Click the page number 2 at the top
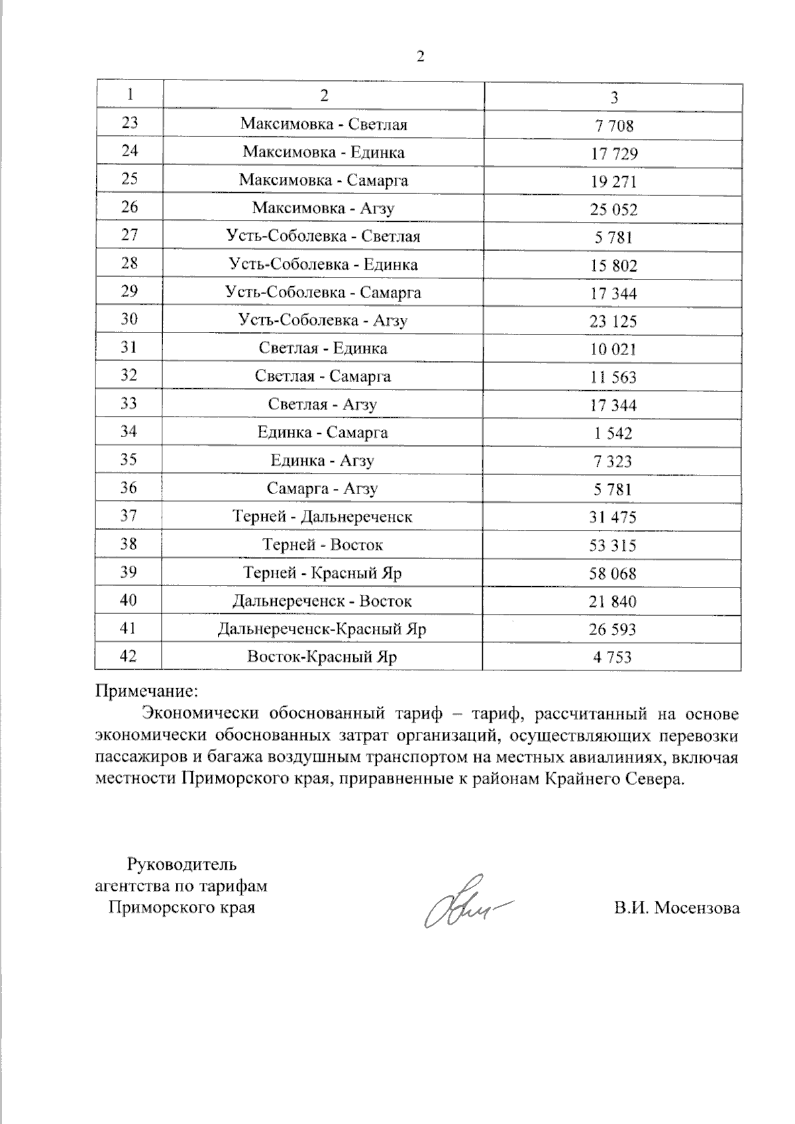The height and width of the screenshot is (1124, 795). pyautogui.click(x=420, y=56)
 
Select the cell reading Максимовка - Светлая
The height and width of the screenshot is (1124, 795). pyautogui.click(x=323, y=124)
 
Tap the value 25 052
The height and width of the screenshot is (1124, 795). pyautogui.click(x=613, y=210)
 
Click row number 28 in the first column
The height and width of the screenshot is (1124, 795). pyautogui.click(x=129, y=263)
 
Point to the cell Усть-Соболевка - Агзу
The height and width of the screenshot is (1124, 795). pyautogui.click(x=323, y=321)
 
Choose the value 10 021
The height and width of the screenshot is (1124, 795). pyautogui.click(x=613, y=350)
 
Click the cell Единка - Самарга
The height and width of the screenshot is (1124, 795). pyautogui.click(x=323, y=433)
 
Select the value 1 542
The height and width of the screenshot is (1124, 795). pyautogui.click(x=613, y=434)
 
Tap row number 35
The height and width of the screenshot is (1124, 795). pyautogui.click(x=129, y=459)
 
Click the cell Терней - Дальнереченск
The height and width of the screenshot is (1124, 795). pyautogui.click(x=323, y=517)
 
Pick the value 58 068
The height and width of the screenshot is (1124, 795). pyautogui.click(x=613, y=574)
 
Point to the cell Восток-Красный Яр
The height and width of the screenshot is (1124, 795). pyautogui.click(x=322, y=657)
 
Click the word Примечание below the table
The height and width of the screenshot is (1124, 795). pyautogui.click(x=146, y=691)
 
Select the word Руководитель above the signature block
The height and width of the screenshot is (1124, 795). pyautogui.click(x=181, y=864)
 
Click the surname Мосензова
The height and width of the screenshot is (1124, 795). pyautogui.click(x=697, y=908)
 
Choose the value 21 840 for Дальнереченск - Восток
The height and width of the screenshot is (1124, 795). pyautogui.click(x=613, y=602)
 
